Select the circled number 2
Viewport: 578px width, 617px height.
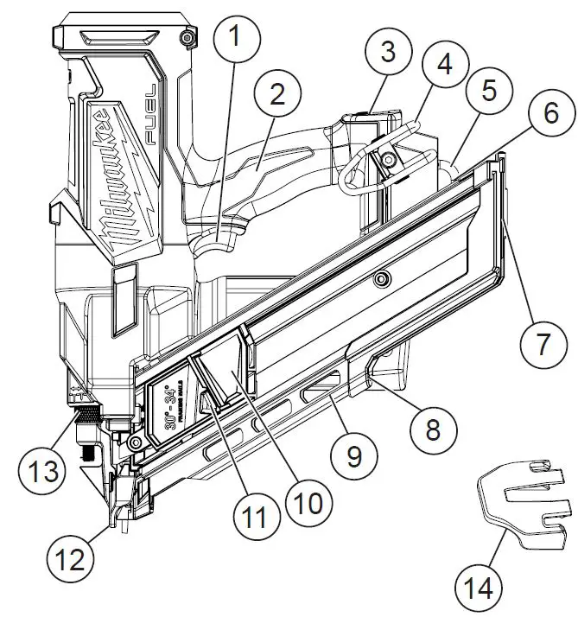click(277, 95)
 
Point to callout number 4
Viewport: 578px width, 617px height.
click(443, 65)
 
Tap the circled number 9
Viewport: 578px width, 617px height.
click(355, 455)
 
